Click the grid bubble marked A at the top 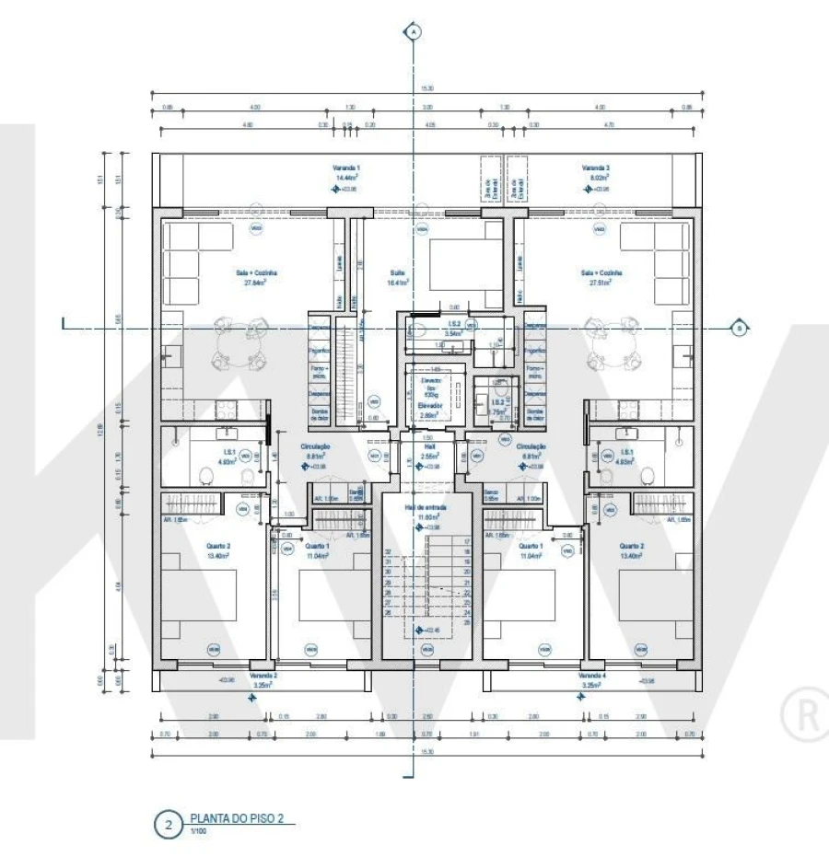coord(414,32)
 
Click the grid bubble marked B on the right coord(737,327)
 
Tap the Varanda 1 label coord(346,168)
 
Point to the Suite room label coord(398,272)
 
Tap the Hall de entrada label coord(426,507)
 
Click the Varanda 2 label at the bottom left coord(263,675)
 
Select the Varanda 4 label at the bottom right coord(591,675)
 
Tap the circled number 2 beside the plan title coord(168,825)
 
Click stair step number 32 coord(388,552)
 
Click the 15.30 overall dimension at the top coord(426,88)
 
